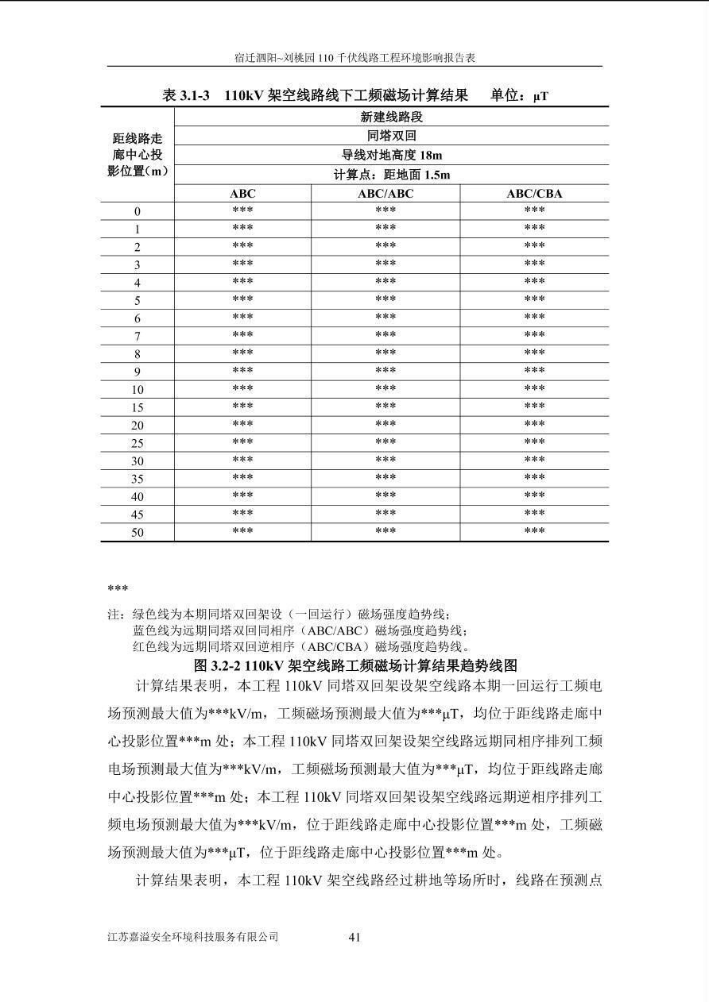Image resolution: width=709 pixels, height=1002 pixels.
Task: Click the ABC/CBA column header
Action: pos(534,194)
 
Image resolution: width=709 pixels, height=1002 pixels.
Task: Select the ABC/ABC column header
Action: pos(385,194)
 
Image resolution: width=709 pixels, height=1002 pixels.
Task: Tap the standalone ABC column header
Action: pos(242,194)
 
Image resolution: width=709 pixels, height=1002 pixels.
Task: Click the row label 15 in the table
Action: pos(138,407)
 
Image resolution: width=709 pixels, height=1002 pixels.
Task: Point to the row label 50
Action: pos(138,532)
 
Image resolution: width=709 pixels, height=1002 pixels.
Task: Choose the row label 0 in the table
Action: pos(138,211)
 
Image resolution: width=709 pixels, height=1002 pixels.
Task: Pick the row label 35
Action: pos(138,479)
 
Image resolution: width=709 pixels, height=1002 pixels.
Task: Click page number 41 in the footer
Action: pos(354,937)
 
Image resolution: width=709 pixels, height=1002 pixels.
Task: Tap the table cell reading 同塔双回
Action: pos(391,136)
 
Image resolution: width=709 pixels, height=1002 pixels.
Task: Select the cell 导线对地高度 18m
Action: pos(391,156)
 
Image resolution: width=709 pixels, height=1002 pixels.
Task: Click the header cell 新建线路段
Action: pos(391,117)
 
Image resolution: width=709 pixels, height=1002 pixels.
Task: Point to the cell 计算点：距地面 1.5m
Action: pos(391,175)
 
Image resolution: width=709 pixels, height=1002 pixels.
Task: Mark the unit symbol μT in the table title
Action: pos(540,96)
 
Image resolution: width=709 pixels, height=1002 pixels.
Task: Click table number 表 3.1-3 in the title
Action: pos(186,95)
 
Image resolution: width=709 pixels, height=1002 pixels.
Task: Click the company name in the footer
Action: pos(193,937)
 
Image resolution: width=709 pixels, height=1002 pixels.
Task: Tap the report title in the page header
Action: pos(354,58)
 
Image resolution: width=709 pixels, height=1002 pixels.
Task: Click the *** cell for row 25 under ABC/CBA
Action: pos(534,442)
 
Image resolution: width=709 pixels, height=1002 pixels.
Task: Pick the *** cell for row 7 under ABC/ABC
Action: pos(385,336)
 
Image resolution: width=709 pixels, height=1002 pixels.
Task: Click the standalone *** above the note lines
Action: pos(118,589)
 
